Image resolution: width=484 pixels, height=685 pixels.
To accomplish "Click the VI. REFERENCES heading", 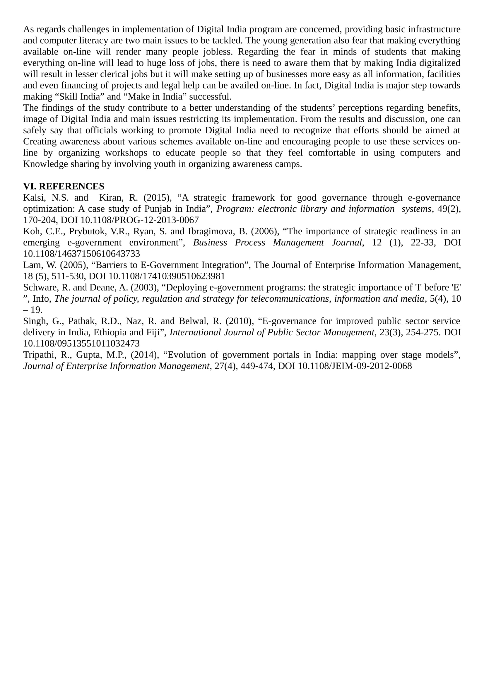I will pos(64,186).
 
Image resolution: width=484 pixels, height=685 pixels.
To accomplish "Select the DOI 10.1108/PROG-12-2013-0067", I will pos(140,220).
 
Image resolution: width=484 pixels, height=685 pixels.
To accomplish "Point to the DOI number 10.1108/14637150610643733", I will pos(81,254).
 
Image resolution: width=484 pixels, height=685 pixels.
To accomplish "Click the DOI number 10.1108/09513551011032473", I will pos(81,344).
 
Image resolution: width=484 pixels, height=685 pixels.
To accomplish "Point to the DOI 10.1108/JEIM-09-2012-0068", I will pos(355,366).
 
